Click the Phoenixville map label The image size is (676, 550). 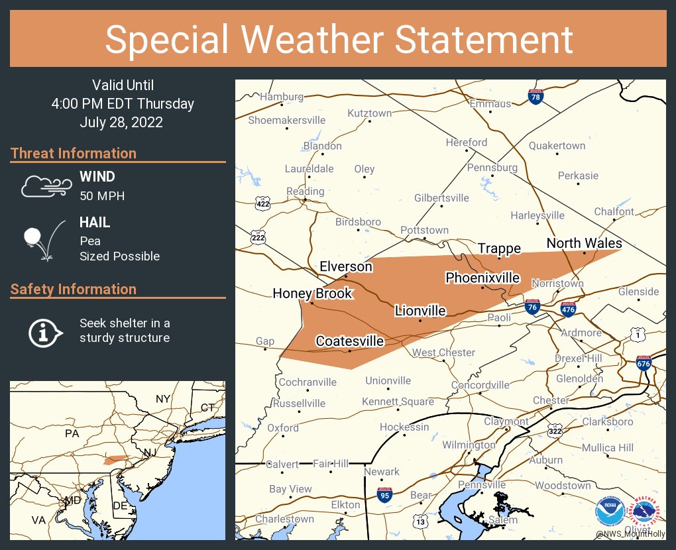coord(482,278)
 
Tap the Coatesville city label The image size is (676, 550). coord(349,341)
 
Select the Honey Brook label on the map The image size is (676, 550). coord(312,294)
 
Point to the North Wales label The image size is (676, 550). coord(584,244)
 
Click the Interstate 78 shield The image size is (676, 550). coord(536,97)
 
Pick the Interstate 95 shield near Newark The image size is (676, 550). coord(385,494)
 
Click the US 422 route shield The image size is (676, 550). coord(262,203)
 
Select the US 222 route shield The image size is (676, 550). coord(258,237)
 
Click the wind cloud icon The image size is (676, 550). coord(45,186)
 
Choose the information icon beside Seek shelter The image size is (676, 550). coord(44,331)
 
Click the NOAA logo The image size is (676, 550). coord(609,512)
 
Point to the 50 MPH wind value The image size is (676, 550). coord(102,196)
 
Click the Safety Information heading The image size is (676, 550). coord(74,290)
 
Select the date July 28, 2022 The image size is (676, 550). coord(121,123)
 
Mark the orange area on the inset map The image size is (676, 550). coord(116,459)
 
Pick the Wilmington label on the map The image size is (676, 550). coord(469,445)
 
